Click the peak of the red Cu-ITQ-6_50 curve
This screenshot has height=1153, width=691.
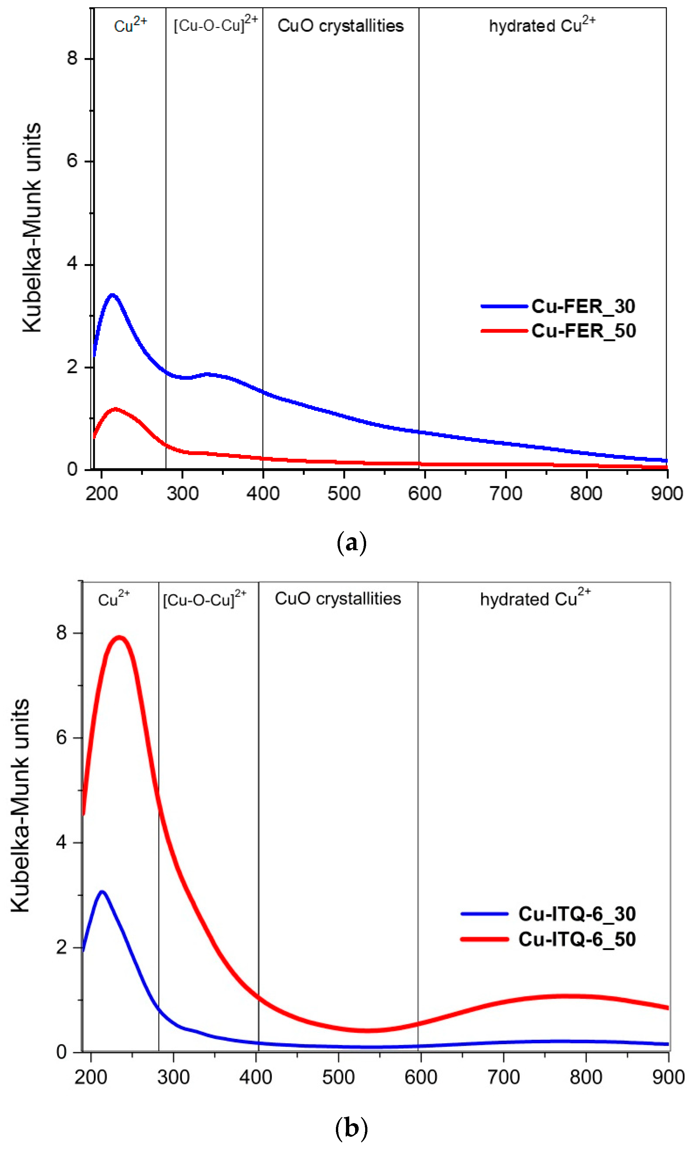(120, 637)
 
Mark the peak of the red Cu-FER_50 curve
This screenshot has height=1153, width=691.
(115, 409)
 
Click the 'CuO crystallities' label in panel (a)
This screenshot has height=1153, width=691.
(340, 26)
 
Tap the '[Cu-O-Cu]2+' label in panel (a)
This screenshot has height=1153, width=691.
(215, 24)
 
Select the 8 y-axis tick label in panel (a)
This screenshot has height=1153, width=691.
(72, 59)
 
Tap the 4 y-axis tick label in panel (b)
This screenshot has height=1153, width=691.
(61, 842)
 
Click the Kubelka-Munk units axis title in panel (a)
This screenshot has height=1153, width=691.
(32, 228)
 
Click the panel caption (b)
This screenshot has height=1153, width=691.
(351, 1128)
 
